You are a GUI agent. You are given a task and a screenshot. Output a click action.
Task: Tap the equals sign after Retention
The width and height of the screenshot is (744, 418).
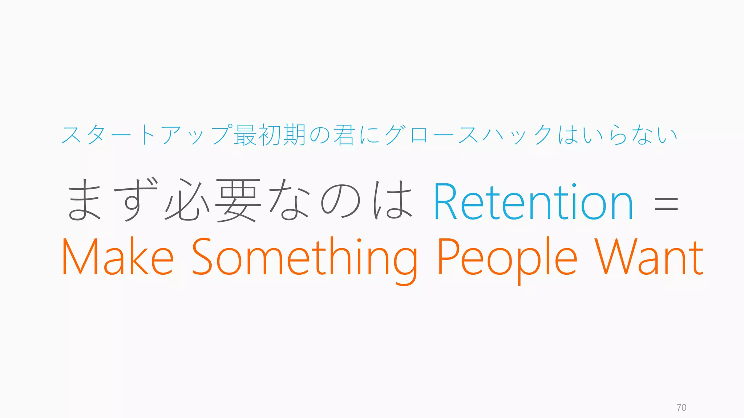click(x=666, y=204)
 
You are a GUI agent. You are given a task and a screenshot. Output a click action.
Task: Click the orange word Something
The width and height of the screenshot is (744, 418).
click(x=304, y=258)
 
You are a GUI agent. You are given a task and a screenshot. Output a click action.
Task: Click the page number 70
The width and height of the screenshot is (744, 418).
click(x=682, y=407)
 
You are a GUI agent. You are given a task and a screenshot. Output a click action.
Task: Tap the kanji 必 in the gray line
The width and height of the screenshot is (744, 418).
click(x=187, y=200)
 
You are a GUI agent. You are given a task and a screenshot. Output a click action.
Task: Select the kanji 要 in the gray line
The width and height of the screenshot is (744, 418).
click(x=238, y=201)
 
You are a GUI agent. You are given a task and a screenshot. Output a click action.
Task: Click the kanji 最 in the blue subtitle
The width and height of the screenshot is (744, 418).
click(x=245, y=135)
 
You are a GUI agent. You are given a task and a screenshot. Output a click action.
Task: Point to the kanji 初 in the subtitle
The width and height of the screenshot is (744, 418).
click(x=269, y=135)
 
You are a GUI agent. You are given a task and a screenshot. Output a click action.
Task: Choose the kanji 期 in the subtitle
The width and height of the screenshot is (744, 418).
click(x=294, y=135)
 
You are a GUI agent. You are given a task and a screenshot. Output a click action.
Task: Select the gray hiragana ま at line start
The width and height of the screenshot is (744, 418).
click(x=84, y=200)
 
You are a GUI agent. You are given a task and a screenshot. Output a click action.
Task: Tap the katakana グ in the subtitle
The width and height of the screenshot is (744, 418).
click(x=395, y=135)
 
